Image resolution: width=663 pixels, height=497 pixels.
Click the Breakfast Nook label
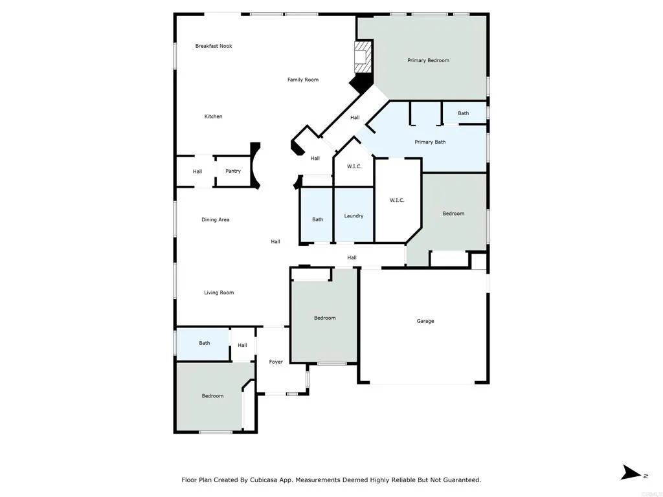[x=214, y=46]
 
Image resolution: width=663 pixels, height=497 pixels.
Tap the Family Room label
[x=303, y=80]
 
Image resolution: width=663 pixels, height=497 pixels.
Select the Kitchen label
[x=213, y=116]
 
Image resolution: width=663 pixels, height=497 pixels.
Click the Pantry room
[x=233, y=171]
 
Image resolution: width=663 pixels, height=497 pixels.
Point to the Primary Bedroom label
[x=428, y=60]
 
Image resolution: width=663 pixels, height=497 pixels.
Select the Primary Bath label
[x=430, y=142]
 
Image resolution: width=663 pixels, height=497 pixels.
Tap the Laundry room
[x=354, y=216]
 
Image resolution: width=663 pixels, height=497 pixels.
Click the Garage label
[x=425, y=321]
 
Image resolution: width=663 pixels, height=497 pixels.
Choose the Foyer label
[x=276, y=362]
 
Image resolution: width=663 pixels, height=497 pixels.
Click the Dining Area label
[x=216, y=219]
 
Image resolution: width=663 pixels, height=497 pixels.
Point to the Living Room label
[x=219, y=293]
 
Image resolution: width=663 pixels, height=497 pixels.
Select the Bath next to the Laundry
[x=317, y=219]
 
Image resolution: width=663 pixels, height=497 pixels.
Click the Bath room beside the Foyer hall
[x=204, y=343]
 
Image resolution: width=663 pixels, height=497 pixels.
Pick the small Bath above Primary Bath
[x=464, y=113]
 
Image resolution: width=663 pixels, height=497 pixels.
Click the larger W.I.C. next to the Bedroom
[x=397, y=200]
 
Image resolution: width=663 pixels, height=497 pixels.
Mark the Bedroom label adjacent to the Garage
[x=324, y=318]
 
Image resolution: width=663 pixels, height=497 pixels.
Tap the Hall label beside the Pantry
[x=197, y=171]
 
